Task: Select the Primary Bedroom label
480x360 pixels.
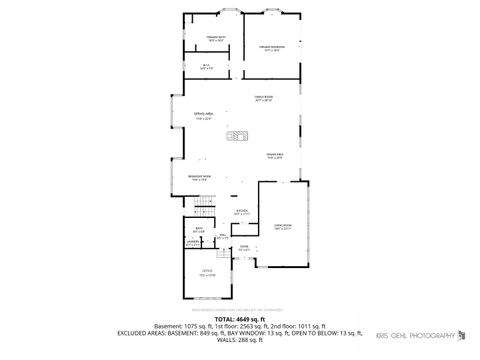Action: [x=272, y=47]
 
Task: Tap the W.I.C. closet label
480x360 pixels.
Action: [x=207, y=67]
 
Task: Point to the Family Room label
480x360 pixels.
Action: [x=263, y=98]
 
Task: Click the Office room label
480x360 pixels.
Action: [x=207, y=272]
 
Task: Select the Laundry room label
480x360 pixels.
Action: [x=193, y=242]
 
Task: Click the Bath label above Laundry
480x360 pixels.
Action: [x=199, y=229]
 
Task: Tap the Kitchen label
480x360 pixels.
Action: [x=241, y=212]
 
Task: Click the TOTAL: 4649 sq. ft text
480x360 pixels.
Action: [x=239, y=319]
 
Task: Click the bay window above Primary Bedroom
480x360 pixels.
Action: [x=272, y=11]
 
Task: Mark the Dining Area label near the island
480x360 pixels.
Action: [x=273, y=155]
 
